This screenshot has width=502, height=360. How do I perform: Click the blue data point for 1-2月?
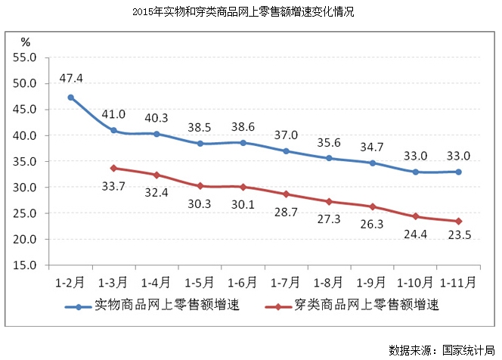[70, 98]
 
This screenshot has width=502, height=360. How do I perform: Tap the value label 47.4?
[70, 78]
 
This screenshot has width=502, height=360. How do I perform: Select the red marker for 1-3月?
[113, 168]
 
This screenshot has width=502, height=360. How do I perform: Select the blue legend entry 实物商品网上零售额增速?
[147, 306]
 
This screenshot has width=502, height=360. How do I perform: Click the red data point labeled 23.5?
[458, 221]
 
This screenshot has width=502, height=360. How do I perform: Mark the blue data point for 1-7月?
[286, 151]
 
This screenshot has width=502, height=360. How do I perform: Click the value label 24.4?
[415, 234]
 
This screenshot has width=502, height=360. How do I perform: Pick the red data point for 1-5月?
[200, 186]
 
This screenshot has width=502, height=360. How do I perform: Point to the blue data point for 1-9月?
[372, 163]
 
